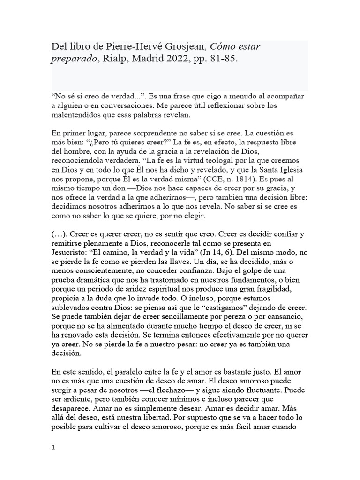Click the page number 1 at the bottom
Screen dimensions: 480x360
click(53, 448)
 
